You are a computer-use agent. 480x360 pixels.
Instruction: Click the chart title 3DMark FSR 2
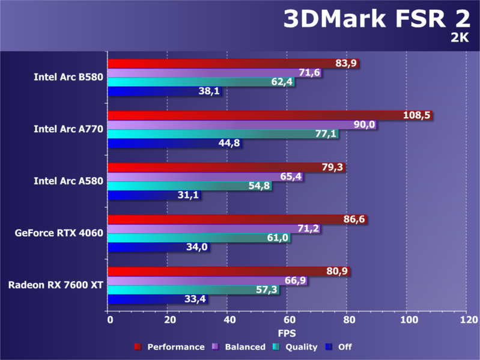click(x=377, y=20)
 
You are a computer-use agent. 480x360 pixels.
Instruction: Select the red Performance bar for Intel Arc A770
click(x=252, y=115)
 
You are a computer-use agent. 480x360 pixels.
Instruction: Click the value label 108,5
click(x=418, y=115)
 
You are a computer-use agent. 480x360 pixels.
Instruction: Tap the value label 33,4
click(x=193, y=299)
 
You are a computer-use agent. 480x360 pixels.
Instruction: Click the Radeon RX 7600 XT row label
click(x=56, y=284)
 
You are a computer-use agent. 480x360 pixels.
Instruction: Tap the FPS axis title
click(x=287, y=332)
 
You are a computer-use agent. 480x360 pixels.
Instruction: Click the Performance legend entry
click(x=170, y=347)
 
